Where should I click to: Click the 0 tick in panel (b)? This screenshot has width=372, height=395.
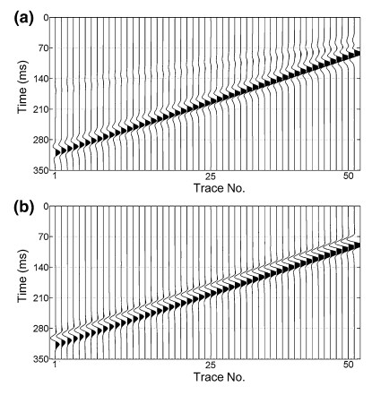43,207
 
